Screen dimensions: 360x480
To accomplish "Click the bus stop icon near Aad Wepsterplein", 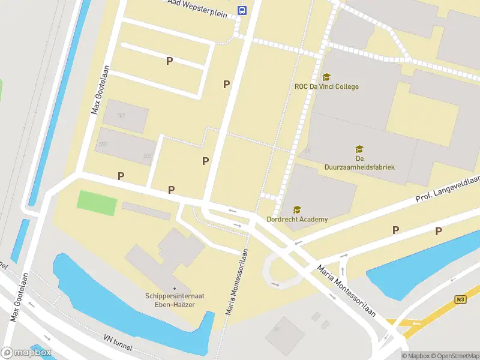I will [242, 10].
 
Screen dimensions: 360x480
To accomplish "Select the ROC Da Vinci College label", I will [326, 86].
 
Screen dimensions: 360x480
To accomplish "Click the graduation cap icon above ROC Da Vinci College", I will [326, 77].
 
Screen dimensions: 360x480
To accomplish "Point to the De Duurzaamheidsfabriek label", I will [359, 162].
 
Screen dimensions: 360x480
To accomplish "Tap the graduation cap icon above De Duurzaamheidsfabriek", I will [359, 149].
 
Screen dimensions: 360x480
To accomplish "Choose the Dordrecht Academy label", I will [298, 219].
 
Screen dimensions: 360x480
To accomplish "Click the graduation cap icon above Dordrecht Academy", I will [297, 209].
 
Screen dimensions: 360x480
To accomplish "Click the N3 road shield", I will [460, 298].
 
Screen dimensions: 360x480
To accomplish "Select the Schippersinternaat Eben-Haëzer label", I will [174, 300].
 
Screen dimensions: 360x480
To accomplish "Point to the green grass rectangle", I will [97, 203].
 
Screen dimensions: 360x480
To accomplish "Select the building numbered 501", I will [125, 116].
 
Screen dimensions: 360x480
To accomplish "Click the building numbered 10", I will [284, 335].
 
